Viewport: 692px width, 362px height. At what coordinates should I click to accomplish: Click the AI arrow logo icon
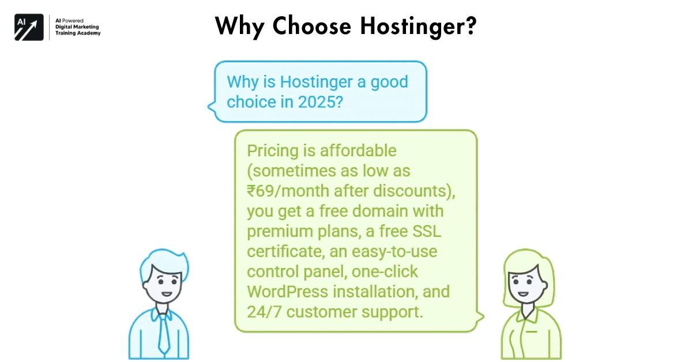(x=29, y=27)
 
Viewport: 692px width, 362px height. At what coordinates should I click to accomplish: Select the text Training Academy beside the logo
(x=77, y=33)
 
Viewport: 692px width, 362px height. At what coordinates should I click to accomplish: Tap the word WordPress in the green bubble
(x=287, y=291)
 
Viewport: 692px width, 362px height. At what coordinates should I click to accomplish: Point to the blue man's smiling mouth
(x=166, y=293)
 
